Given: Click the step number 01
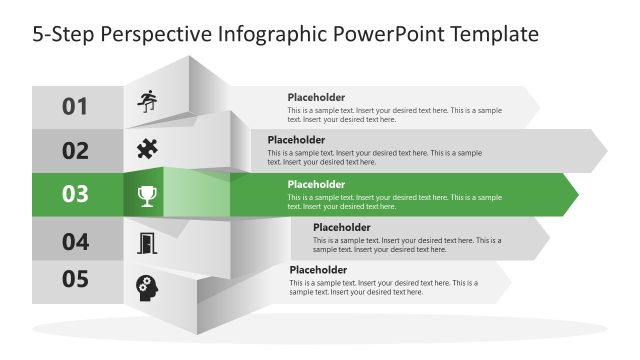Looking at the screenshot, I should click(x=76, y=106).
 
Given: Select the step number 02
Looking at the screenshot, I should click(x=76, y=151).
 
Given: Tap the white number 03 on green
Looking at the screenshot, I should click(x=76, y=195).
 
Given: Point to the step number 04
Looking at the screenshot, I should click(x=76, y=241).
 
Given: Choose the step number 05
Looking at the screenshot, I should click(x=76, y=280).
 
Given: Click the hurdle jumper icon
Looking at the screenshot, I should click(x=148, y=101).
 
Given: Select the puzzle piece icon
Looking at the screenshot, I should click(x=147, y=149).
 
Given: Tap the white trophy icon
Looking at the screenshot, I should click(x=147, y=195).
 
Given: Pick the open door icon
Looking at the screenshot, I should click(x=147, y=242).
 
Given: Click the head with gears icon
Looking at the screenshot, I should click(x=147, y=288).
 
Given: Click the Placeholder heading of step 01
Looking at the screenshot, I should click(x=316, y=97).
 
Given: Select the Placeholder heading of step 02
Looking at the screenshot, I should click(x=296, y=140).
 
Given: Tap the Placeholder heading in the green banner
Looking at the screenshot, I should click(x=316, y=184).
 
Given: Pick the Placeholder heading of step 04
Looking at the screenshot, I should click(x=342, y=227).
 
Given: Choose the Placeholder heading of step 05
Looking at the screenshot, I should click(x=318, y=270).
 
